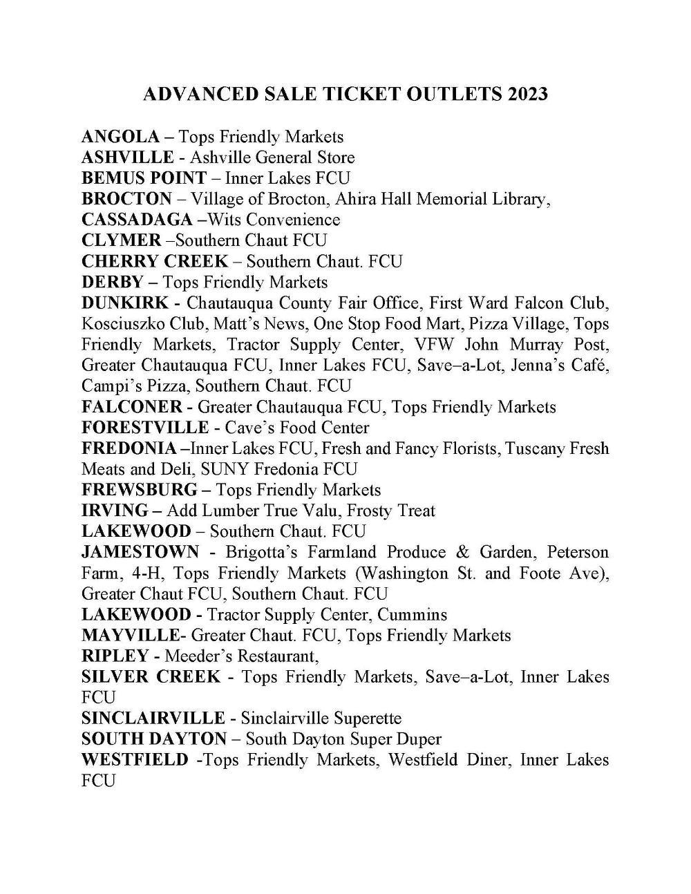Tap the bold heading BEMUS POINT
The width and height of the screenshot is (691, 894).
pos(144,178)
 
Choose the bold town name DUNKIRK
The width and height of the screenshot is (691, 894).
pos(124,303)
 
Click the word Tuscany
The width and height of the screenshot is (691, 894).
pos(536,448)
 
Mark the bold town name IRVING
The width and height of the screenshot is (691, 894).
pos(115,511)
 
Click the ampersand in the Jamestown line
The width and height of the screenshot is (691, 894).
pos(462,552)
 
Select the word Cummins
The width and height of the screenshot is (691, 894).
pos(413,614)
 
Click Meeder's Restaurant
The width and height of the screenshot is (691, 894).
pos(240,656)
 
